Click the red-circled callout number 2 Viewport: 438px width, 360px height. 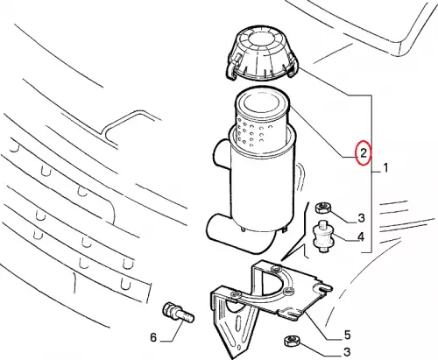(x=363, y=152)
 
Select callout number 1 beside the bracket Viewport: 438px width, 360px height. (x=385, y=168)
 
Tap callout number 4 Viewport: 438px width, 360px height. (x=361, y=236)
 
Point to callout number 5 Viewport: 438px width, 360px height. (x=347, y=335)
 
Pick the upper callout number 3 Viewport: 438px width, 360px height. (x=361, y=218)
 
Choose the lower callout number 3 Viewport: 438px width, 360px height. (x=347, y=351)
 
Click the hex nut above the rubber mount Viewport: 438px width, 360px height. (x=322, y=208)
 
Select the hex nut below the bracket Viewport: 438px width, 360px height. (x=292, y=341)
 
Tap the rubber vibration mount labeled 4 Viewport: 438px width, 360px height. (x=322, y=236)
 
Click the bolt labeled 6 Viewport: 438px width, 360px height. (x=178, y=313)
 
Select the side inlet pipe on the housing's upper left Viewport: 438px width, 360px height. (x=222, y=155)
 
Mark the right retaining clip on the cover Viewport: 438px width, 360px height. (x=293, y=67)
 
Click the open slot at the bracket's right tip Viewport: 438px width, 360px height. (x=325, y=289)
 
